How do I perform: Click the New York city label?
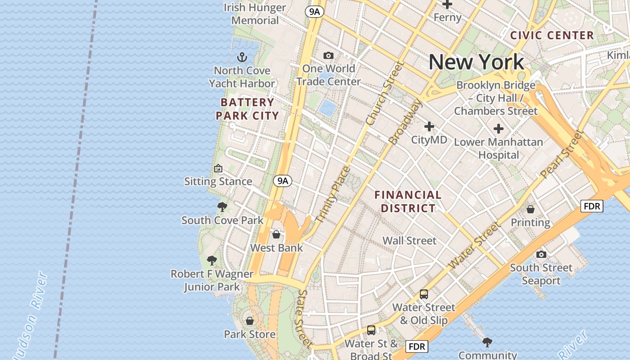pyautogui.click(x=476, y=62)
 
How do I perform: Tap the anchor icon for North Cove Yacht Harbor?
pyautogui.click(x=242, y=57)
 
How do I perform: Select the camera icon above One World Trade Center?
pyautogui.click(x=328, y=55)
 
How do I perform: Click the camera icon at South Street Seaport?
pyautogui.click(x=541, y=254)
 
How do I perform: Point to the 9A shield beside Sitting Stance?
pyautogui.click(x=283, y=181)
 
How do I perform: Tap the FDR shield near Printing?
pyautogui.click(x=592, y=206)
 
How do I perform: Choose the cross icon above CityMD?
pyautogui.click(x=429, y=126)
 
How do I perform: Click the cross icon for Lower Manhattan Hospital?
pyautogui.click(x=498, y=129)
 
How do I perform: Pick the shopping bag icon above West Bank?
pyautogui.click(x=276, y=234)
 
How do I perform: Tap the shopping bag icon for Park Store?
pyautogui.click(x=250, y=321)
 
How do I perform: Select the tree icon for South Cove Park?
pyautogui.click(x=222, y=207)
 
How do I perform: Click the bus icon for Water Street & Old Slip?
pyautogui.click(x=424, y=294)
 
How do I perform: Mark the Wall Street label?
pyautogui.click(x=409, y=241)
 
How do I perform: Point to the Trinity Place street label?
pyautogui.click(x=333, y=194)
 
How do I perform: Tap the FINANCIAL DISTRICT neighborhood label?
pyautogui.click(x=408, y=202)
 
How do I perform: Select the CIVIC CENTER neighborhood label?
pyautogui.click(x=552, y=35)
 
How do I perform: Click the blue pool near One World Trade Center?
pyautogui.click(x=327, y=108)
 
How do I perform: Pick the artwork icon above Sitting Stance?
pyautogui.click(x=218, y=168)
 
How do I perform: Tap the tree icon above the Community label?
pyautogui.click(x=487, y=342)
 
